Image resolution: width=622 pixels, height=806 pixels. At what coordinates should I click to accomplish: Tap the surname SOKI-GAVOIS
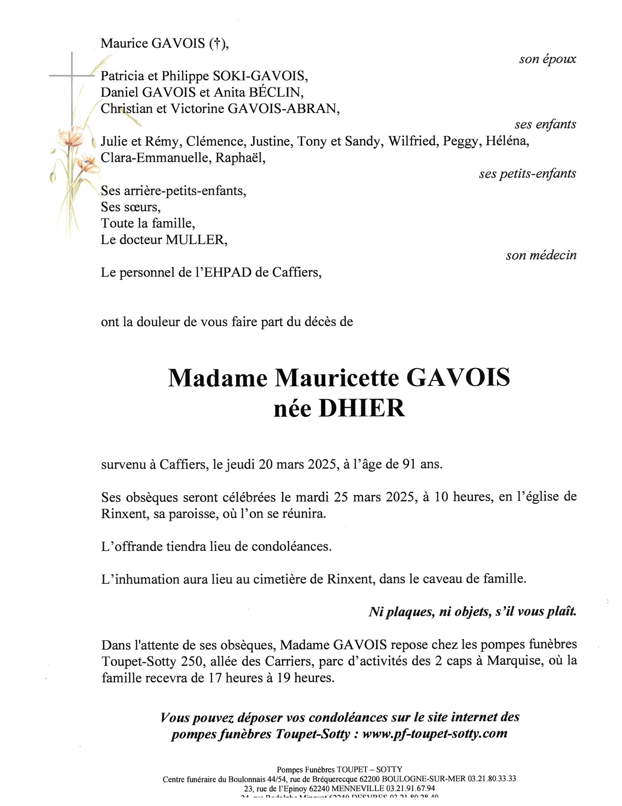click(259, 76)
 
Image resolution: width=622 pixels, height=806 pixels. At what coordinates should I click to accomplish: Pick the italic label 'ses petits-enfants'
click(527, 174)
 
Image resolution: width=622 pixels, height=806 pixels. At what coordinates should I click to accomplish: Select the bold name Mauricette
click(338, 378)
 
